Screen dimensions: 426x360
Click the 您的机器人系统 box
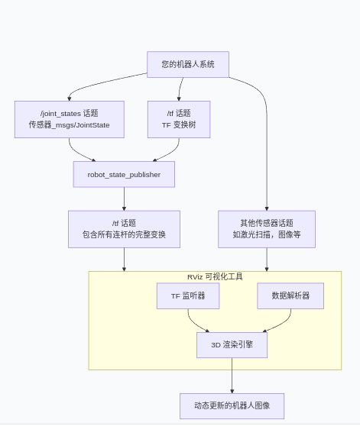pos(187,64)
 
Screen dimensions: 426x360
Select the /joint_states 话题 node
pos(69,119)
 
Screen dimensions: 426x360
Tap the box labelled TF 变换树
pos(179,119)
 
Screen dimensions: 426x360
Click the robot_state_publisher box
pos(124,174)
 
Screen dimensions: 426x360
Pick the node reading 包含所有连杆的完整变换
pos(124,229)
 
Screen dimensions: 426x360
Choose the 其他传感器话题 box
pos(266,229)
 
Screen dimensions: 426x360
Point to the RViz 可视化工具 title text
pos(215,276)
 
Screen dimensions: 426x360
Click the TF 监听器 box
pos(188,295)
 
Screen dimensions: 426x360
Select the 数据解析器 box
pos(290,295)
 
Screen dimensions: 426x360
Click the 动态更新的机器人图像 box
pos(232,406)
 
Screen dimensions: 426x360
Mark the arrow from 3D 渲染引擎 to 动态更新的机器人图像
pos(232,376)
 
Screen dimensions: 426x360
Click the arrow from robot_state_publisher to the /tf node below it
pos(124,198)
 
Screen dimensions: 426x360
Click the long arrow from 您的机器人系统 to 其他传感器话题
pos(265,137)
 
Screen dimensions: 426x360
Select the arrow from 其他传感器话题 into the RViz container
pos(266,260)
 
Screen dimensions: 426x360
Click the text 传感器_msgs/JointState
pos(69,124)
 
